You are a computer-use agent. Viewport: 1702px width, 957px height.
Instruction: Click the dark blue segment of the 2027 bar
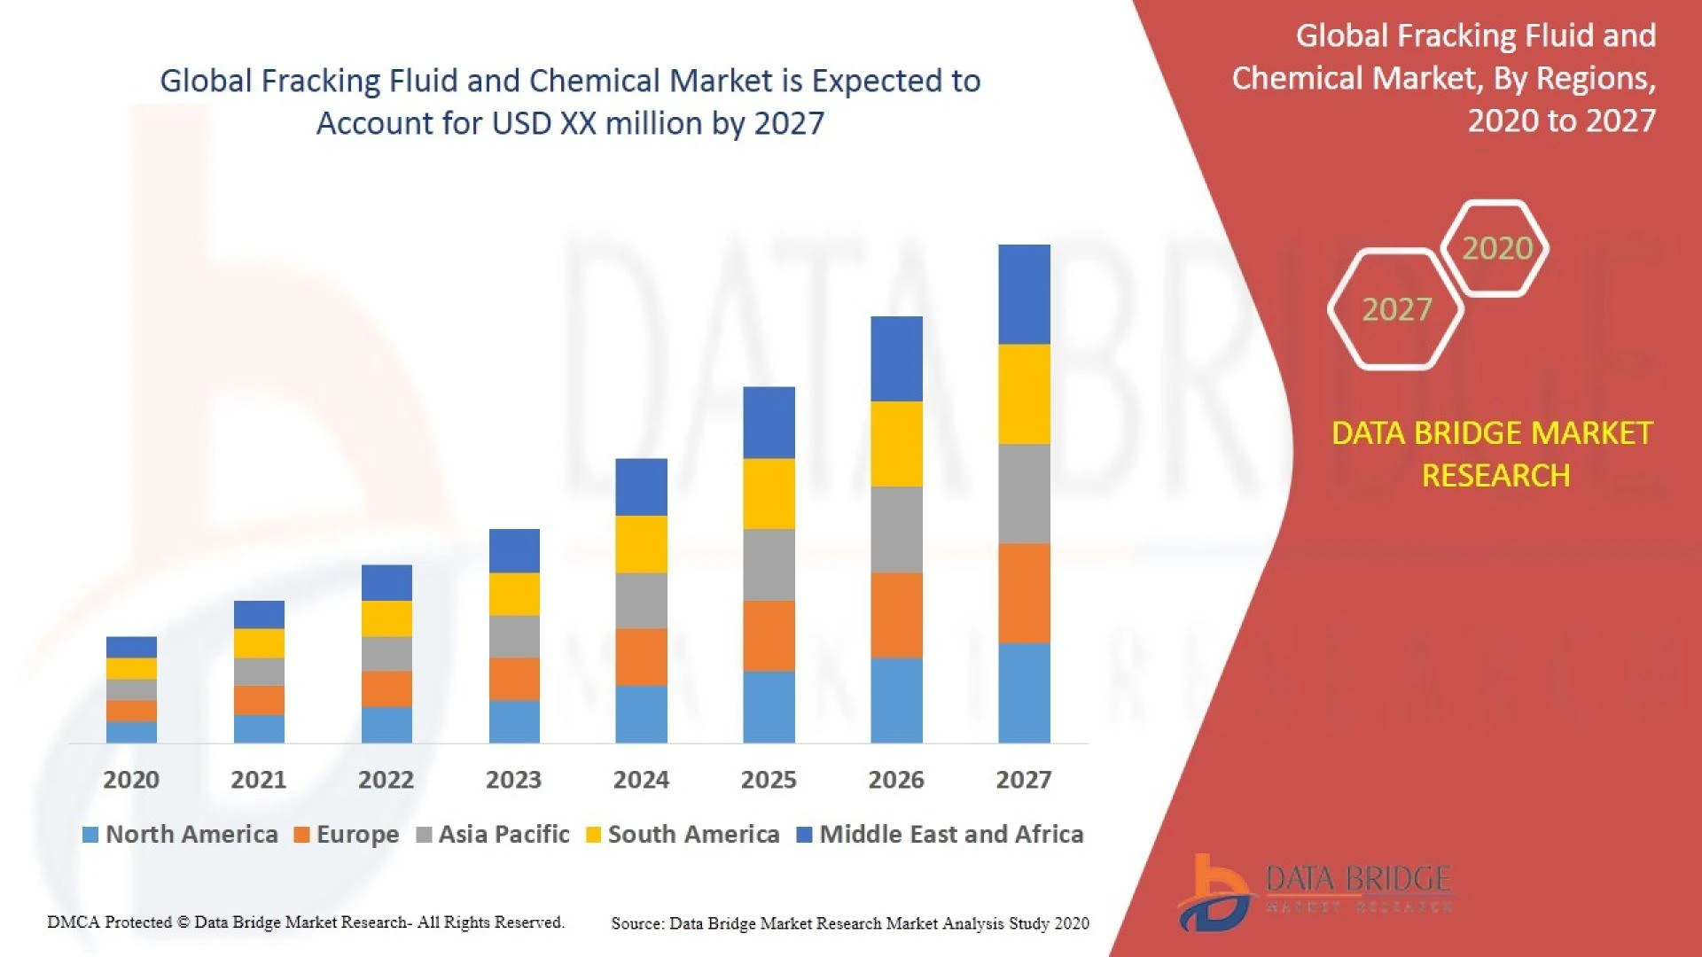click(1024, 294)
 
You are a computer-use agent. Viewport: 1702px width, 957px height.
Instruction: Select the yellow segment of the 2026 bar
click(896, 444)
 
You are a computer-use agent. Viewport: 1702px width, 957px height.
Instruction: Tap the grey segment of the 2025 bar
click(769, 564)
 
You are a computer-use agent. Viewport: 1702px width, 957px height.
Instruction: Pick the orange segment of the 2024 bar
click(641, 657)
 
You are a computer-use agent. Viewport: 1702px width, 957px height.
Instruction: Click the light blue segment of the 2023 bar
click(514, 721)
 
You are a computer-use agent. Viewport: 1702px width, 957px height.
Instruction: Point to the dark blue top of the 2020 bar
click(131, 647)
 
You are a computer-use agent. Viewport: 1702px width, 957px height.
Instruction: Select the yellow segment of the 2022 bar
click(386, 619)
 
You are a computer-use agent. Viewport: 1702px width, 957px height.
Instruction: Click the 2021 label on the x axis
click(258, 780)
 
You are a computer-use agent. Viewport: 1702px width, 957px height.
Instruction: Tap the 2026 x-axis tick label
click(896, 780)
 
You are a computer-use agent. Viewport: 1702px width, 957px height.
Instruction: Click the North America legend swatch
click(90, 835)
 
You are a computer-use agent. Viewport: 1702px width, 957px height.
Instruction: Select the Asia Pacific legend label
click(504, 835)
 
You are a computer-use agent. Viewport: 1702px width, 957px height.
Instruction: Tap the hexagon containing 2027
click(1396, 309)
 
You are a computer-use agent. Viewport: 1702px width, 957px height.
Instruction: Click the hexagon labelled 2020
click(1496, 248)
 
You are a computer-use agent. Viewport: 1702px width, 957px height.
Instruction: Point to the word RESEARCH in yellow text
click(1495, 476)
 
